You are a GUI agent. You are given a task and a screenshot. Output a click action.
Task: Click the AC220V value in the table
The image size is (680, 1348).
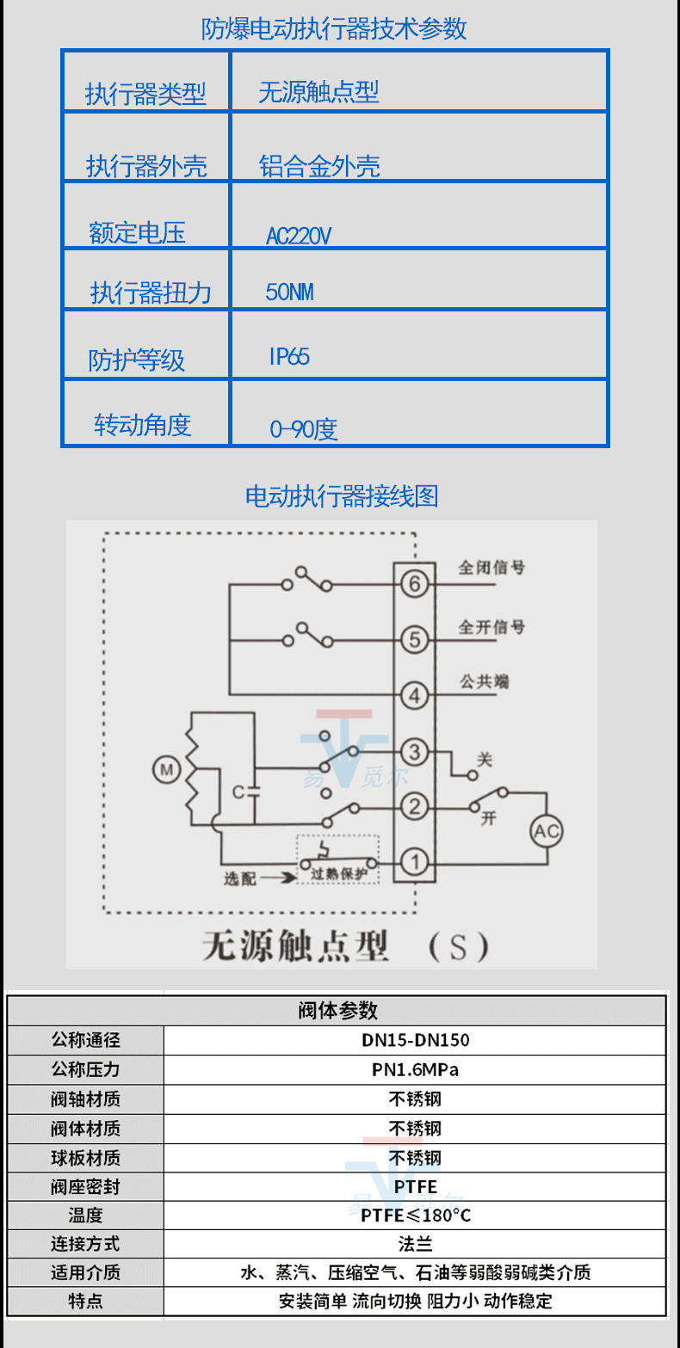click(x=299, y=236)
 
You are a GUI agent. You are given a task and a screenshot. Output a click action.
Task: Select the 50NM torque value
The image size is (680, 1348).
click(x=289, y=292)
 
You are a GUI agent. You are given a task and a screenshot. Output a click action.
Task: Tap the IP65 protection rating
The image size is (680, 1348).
click(x=289, y=357)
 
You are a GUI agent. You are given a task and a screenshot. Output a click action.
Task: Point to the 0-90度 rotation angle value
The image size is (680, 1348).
click(x=303, y=428)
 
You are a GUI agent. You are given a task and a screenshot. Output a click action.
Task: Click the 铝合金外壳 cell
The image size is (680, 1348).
click(x=319, y=166)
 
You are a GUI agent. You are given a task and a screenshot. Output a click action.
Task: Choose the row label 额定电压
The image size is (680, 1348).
click(x=137, y=232)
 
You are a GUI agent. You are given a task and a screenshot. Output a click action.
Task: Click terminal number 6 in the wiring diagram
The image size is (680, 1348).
click(x=415, y=585)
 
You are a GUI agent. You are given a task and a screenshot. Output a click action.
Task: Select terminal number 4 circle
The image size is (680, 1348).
click(x=415, y=695)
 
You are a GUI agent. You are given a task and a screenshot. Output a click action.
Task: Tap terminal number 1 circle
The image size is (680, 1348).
click(x=415, y=862)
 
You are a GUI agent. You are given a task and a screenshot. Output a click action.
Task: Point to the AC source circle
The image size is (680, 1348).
click(x=547, y=831)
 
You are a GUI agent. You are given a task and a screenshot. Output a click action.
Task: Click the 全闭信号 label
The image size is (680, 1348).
click(x=491, y=568)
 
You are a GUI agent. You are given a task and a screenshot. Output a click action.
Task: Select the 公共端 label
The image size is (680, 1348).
click(x=484, y=680)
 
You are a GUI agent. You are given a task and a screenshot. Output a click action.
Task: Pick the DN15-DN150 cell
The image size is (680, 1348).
click(x=415, y=1040)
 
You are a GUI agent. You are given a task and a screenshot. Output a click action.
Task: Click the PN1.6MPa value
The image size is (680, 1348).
click(x=415, y=1070)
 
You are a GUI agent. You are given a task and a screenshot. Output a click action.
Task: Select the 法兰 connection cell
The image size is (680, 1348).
click(x=415, y=1244)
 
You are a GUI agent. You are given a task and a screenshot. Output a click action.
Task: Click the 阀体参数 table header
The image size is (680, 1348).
click(x=337, y=1010)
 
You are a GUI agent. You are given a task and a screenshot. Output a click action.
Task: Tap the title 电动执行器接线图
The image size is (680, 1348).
click(x=342, y=496)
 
